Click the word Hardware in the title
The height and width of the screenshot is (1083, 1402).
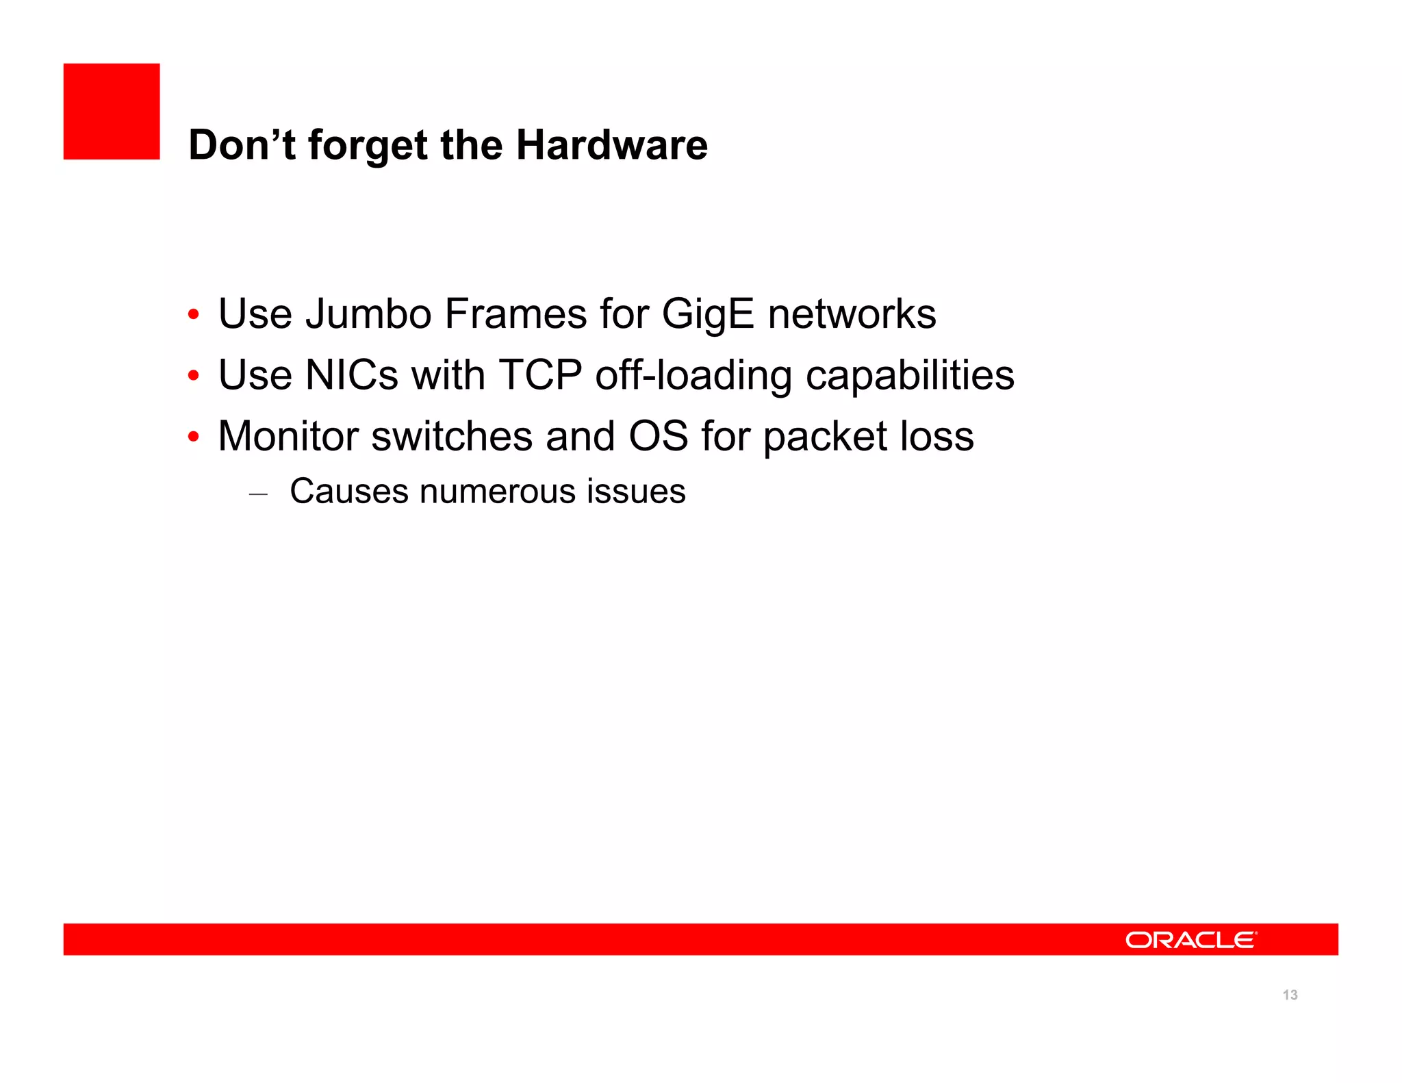tap(611, 145)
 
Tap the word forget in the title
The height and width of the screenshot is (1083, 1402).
tap(368, 146)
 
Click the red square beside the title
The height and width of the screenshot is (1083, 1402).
tap(112, 112)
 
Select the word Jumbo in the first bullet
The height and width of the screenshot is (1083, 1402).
tap(368, 314)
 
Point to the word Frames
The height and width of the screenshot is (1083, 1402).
tap(515, 314)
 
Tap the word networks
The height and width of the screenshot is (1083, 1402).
tap(852, 314)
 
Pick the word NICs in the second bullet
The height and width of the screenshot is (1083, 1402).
tap(351, 376)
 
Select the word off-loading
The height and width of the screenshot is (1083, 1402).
tap(693, 377)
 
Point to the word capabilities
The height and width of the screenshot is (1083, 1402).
tap(910, 377)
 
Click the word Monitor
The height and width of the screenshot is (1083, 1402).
tap(288, 436)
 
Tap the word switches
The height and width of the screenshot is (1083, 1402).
tap(452, 436)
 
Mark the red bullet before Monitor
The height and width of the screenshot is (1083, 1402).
tap(194, 437)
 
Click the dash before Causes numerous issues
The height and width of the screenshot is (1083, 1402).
tap(258, 493)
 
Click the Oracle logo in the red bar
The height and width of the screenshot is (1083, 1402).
tap(1190, 940)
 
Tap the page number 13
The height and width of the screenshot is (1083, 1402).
tap(1290, 995)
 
